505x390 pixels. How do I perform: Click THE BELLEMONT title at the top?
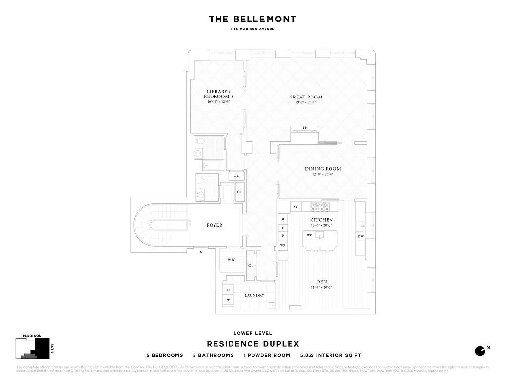pyautogui.click(x=252, y=19)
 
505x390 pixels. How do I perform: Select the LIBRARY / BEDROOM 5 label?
pyautogui.click(x=217, y=94)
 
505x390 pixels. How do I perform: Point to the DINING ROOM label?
pyautogui.click(x=323, y=169)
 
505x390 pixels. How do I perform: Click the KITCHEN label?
pyautogui.click(x=321, y=220)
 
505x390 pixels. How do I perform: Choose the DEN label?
pyautogui.click(x=321, y=281)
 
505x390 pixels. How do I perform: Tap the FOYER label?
pyautogui.click(x=214, y=225)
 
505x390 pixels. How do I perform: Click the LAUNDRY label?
pyautogui.click(x=254, y=295)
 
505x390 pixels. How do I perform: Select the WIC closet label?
pyautogui.click(x=232, y=260)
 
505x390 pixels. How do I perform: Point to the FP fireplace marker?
pyautogui.click(x=305, y=128)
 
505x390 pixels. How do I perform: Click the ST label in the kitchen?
pyautogui.click(x=295, y=207)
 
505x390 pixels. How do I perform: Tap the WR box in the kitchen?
pyautogui.click(x=283, y=245)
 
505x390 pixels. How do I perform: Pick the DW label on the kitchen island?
pyautogui.click(x=309, y=235)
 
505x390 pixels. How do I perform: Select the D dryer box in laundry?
pyautogui.click(x=228, y=290)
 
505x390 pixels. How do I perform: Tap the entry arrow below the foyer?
pyautogui.click(x=201, y=252)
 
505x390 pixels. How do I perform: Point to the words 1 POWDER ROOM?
pyautogui.click(x=267, y=355)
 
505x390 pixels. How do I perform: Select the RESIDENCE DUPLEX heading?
pyautogui.click(x=252, y=344)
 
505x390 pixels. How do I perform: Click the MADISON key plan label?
pyautogui.click(x=32, y=336)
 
